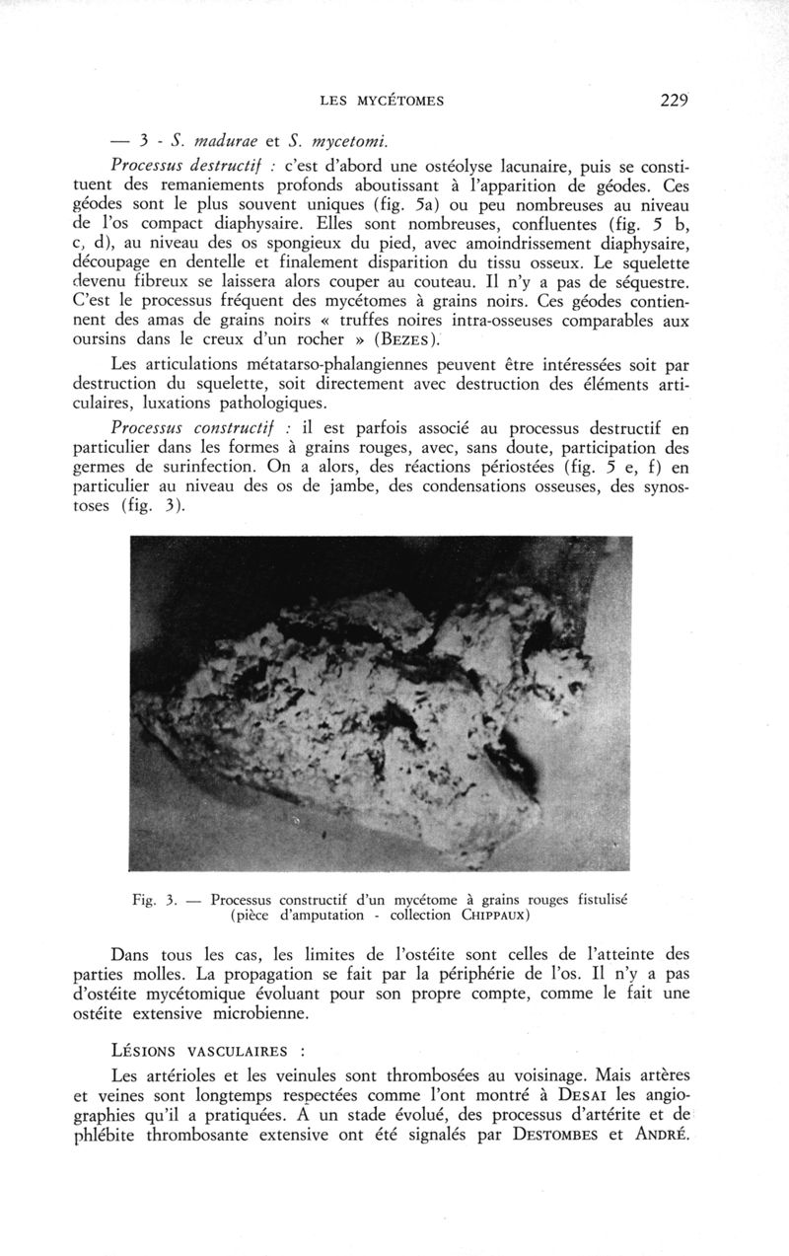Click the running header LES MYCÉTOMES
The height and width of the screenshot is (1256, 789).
click(383, 101)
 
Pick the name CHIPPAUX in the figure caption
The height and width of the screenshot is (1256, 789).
click(497, 916)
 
